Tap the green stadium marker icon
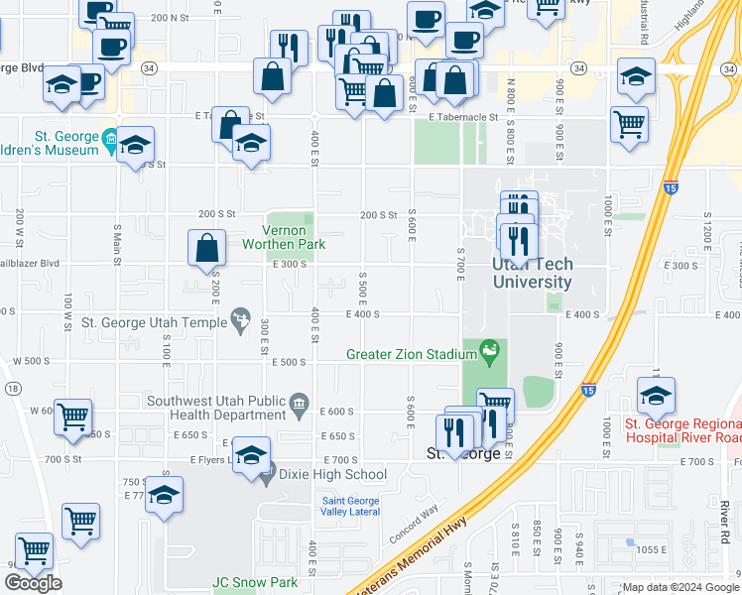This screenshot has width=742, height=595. (x=488, y=350)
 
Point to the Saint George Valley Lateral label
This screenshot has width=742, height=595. (x=351, y=506)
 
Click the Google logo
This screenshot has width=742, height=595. (x=33, y=583)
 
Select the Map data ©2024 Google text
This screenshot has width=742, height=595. (x=679, y=587)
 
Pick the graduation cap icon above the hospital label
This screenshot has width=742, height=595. (x=656, y=397)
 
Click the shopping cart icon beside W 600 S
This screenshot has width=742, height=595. (x=72, y=417)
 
